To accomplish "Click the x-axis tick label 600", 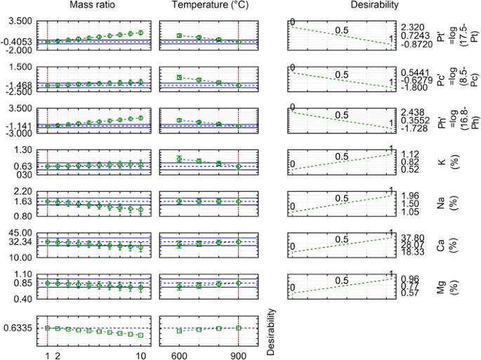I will (x=179, y=355).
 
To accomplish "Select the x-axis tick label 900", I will (x=239, y=355).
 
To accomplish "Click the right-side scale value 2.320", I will (x=412, y=25).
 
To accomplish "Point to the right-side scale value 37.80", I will (x=412, y=237).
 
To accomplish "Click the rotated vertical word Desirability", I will (x=271, y=331).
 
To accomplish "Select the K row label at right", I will (x=440, y=162).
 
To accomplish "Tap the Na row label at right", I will (x=440, y=204).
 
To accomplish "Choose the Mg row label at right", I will (x=440, y=286).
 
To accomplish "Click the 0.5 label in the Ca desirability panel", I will (x=341, y=238).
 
